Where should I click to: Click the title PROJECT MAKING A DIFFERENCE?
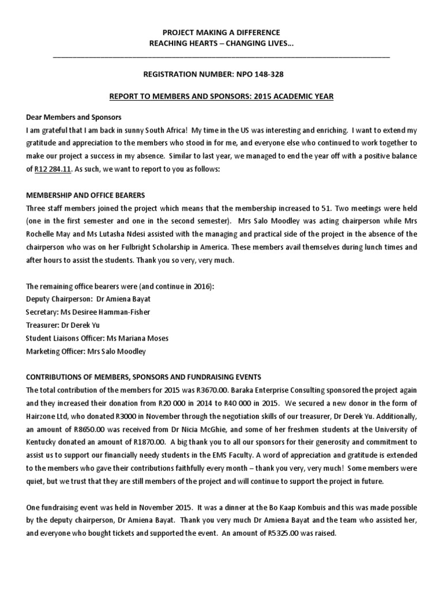(221, 33)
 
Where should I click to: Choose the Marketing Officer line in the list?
(86, 351)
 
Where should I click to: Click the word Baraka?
(233, 390)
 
